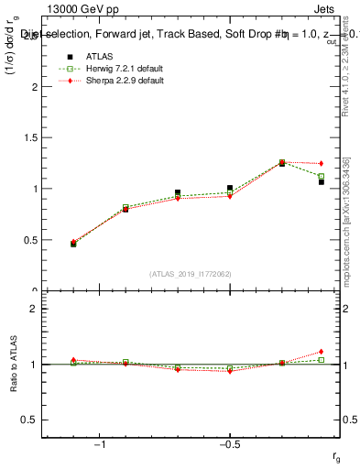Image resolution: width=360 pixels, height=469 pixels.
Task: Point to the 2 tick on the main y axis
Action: tap(36, 87)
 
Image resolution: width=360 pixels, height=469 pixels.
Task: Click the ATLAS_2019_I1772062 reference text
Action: tap(190, 273)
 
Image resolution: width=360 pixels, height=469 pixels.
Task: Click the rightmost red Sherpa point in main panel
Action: tap(322, 164)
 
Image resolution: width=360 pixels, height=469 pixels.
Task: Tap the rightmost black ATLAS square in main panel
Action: tap(322, 181)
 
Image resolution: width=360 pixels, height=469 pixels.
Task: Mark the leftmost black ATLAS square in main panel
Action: tap(73, 245)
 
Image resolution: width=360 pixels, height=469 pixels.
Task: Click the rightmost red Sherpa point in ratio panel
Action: tap(322, 352)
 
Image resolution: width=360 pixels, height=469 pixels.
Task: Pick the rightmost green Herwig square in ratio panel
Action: tap(322, 360)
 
